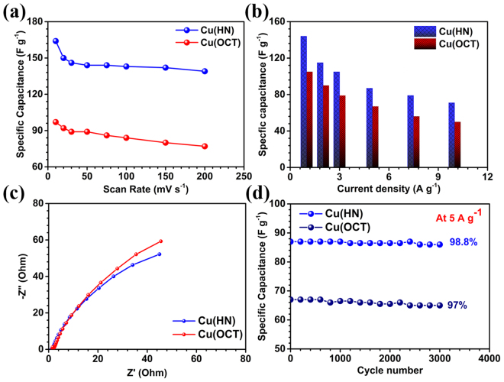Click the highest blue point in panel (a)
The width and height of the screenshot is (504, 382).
tap(56, 41)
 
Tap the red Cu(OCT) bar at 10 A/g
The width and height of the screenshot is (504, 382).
tap(457, 144)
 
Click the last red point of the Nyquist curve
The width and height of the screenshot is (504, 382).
tap(160, 241)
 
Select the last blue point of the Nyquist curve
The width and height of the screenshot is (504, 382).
tap(159, 254)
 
